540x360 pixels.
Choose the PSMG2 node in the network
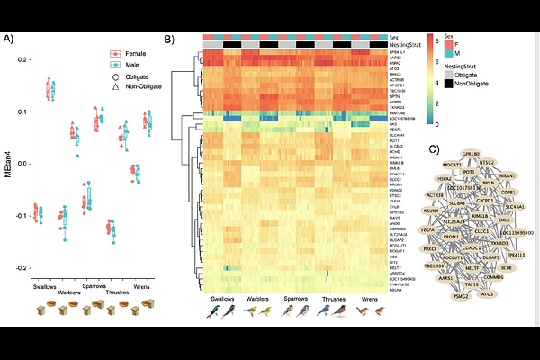pos(462,294)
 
